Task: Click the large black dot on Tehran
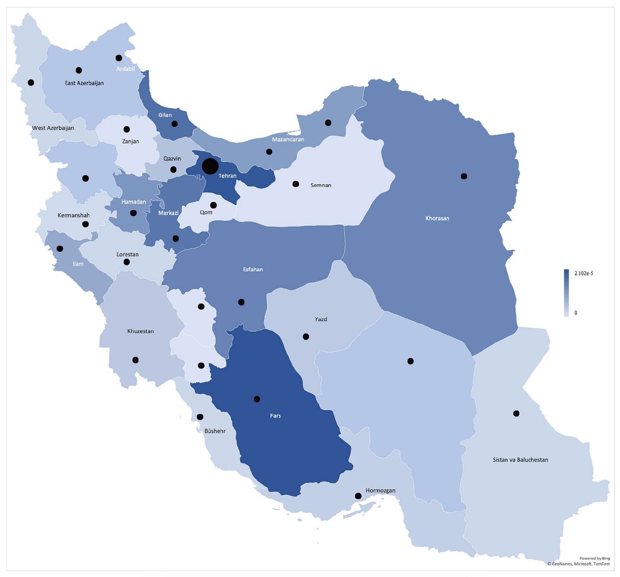[x=210, y=166]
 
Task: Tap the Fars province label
[x=275, y=416]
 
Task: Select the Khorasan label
[x=437, y=218]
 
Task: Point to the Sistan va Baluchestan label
[x=520, y=460]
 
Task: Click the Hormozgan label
[x=380, y=491]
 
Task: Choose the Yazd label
[x=321, y=319]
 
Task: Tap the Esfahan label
[x=253, y=270]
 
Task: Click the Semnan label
[x=321, y=185]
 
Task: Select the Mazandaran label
[x=288, y=139]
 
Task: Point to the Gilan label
[x=165, y=115]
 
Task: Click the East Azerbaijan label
[x=84, y=83]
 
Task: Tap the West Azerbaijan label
[x=53, y=128]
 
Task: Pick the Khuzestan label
[x=140, y=331]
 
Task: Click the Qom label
[x=206, y=213]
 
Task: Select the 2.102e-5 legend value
[x=584, y=273]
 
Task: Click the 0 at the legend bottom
[x=575, y=313]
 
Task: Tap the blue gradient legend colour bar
[x=566, y=293]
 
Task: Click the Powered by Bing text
[x=594, y=558]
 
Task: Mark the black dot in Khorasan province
[x=464, y=176]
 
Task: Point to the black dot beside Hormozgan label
[x=358, y=496]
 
